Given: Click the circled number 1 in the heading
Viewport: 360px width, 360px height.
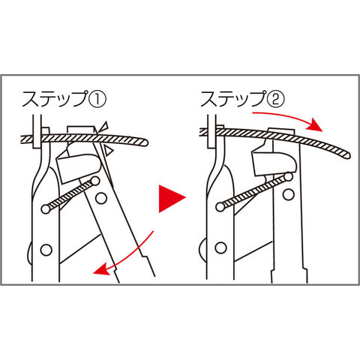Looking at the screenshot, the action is pyautogui.click(x=97, y=99).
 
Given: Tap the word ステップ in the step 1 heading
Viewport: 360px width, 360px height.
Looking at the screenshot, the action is pyautogui.click(x=55, y=99).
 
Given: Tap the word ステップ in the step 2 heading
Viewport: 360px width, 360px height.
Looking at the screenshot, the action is pyautogui.click(x=232, y=98).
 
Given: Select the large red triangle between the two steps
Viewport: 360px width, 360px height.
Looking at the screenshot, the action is pyautogui.click(x=172, y=199).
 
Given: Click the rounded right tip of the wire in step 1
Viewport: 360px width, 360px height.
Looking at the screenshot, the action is pyautogui.click(x=145, y=142).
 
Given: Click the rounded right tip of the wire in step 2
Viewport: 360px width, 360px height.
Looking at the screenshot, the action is pyautogui.click(x=346, y=154).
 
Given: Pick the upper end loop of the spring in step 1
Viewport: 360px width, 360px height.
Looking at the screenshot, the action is pyautogui.click(x=95, y=181).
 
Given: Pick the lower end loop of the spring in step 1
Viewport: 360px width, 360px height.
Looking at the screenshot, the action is pyautogui.click(x=46, y=209).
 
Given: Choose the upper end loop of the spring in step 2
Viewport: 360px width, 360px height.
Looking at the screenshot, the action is pyautogui.click(x=289, y=177).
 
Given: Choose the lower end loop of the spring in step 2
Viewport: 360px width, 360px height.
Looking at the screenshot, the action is pyautogui.click(x=220, y=207).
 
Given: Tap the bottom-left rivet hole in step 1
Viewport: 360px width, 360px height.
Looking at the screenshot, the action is pyautogui.click(x=46, y=250).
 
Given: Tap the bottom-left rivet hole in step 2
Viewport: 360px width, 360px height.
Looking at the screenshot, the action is pyautogui.click(x=221, y=247).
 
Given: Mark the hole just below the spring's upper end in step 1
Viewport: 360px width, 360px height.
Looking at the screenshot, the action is pyautogui.click(x=101, y=198).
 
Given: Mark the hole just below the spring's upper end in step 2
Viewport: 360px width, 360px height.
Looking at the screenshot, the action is pyautogui.click(x=289, y=194).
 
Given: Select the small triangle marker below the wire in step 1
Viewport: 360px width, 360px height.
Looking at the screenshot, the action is pyautogui.click(x=108, y=151).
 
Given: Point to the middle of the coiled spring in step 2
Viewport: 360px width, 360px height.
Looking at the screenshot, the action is pyautogui.click(x=254, y=192).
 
